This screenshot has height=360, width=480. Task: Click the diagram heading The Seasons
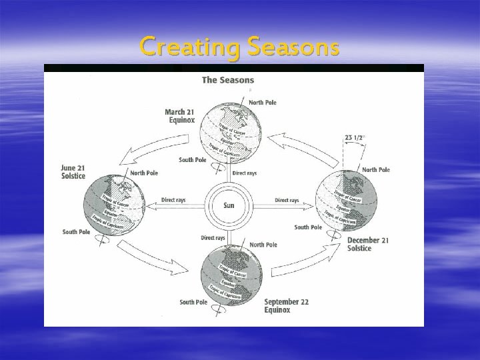tap(227, 80)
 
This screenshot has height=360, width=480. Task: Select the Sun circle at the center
tap(229, 205)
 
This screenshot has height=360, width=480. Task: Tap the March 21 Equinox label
tap(180, 116)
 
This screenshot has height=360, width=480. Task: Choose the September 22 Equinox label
tap(287, 306)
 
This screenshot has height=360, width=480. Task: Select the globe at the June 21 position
tap(113, 202)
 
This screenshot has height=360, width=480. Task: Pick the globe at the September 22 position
tap(231, 273)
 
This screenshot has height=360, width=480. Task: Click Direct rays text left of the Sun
tap(174, 200)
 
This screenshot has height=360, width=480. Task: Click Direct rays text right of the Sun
tap(287, 200)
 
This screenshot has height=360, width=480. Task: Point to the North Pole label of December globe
tap(375, 170)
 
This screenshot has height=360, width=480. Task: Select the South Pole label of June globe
tap(75, 232)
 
